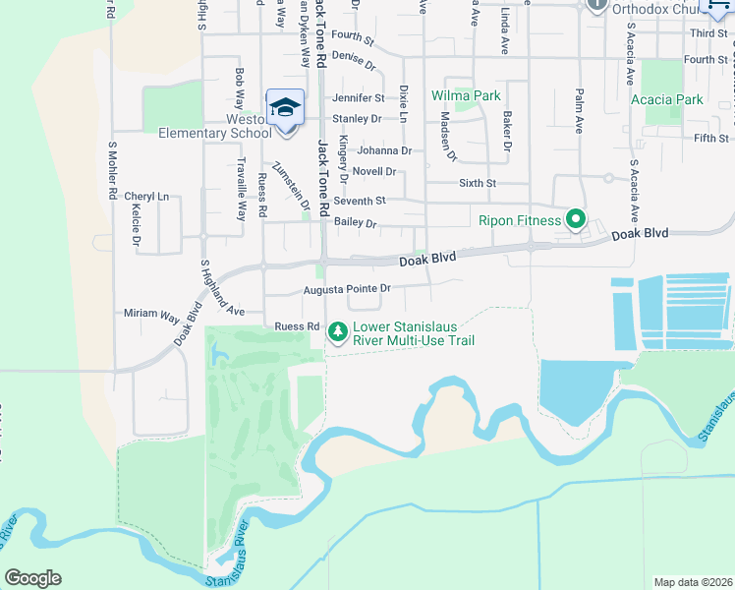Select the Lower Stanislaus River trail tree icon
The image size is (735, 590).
point(338,332)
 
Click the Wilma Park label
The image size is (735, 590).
point(466,95)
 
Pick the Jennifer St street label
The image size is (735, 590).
point(358,98)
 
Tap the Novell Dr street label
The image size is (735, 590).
point(374,171)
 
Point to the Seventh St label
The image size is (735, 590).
point(359,201)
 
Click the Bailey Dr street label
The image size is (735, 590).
point(355,223)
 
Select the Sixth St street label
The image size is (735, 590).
point(478,183)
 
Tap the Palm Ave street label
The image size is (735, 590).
point(579,109)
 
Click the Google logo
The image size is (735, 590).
point(32,577)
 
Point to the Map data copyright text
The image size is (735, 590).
point(693,582)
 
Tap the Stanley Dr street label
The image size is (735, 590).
point(356,119)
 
